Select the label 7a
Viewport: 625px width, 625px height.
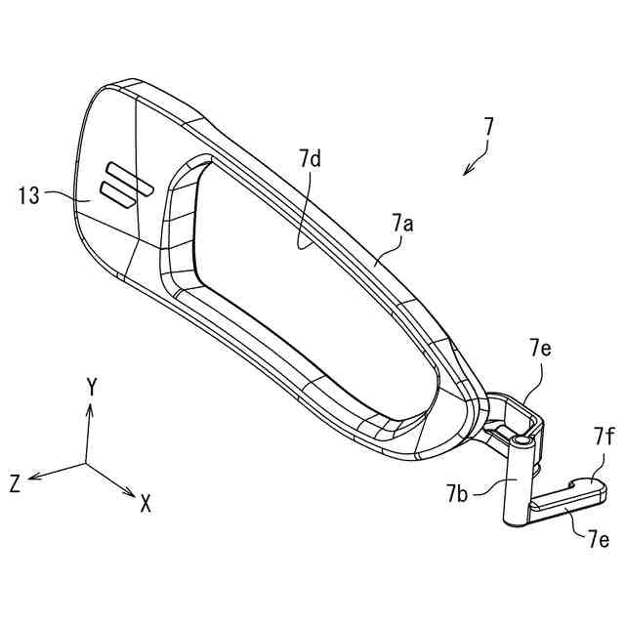402,224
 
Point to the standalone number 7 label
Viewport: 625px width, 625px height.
488,127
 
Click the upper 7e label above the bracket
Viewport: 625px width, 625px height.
539,348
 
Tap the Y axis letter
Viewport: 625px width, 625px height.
91,387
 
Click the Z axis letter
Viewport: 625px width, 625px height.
15,482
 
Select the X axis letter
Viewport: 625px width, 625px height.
145,504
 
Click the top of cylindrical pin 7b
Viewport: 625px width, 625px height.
522,443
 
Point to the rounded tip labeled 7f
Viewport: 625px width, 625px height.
594,482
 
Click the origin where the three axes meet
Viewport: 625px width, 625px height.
86,463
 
